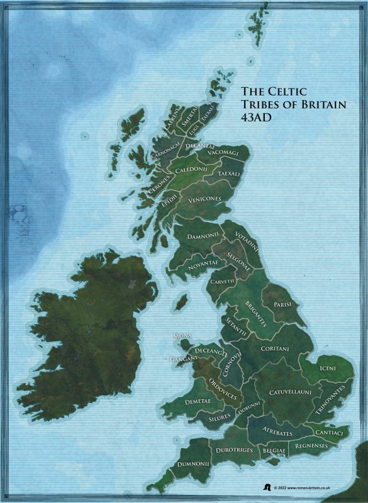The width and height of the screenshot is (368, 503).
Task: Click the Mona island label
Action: [x=182, y=336]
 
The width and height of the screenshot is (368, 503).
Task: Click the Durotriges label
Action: [x=233, y=450]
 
